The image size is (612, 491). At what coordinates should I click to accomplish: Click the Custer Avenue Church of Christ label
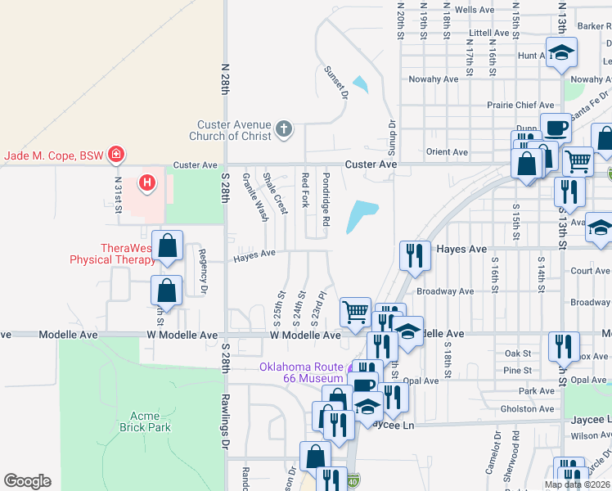click(229, 130)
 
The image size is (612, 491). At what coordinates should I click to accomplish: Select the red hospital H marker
click(147, 182)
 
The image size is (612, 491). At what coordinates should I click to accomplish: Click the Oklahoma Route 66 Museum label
click(301, 372)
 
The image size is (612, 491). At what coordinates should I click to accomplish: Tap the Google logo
click(27, 481)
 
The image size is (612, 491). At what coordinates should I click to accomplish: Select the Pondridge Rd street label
click(326, 199)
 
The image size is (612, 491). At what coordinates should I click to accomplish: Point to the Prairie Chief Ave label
click(520, 105)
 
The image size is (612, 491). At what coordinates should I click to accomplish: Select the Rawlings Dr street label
click(225, 421)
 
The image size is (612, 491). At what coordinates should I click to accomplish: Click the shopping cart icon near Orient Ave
click(578, 160)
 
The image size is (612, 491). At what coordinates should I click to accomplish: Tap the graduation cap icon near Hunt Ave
click(560, 54)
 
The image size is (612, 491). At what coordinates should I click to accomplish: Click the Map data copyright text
click(577, 484)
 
